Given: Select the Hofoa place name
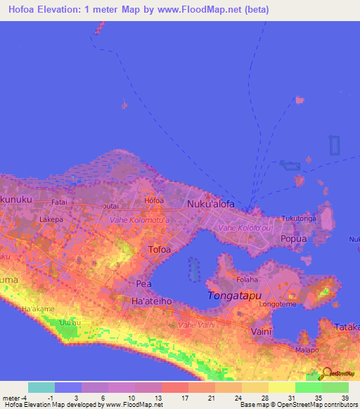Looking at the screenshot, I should click(x=153, y=200).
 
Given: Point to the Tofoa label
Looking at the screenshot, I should click(x=160, y=249).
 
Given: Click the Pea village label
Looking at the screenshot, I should click(x=143, y=283).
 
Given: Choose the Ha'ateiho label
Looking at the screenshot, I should click(x=153, y=300).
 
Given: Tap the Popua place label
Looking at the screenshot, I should click(x=294, y=239).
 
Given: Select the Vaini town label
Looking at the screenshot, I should click(x=261, y=330).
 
